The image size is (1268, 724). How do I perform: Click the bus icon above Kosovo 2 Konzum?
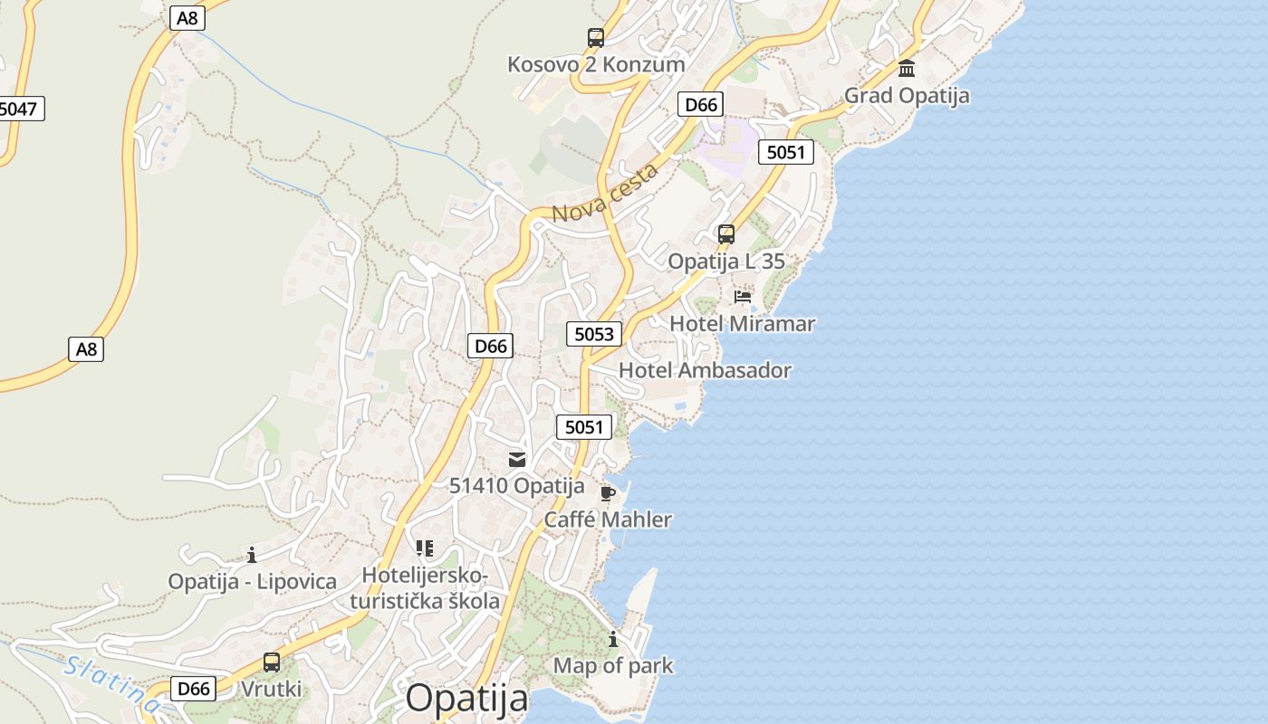click(595, 38)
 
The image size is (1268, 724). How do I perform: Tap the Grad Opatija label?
click(907, 96)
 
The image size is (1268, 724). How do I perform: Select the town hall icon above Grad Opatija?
click(907, 69)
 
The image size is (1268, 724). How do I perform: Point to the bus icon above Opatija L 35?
click(725, 234)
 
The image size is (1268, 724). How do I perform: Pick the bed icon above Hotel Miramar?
click(743, 296)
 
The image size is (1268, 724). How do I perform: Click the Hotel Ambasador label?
click(705, 370)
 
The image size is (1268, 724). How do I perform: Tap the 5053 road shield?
click(594, 334)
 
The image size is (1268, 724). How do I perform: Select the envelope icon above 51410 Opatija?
click(517, 460)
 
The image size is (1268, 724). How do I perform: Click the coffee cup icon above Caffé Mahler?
click(607, 493)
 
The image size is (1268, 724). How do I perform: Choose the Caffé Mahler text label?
click(608, 519)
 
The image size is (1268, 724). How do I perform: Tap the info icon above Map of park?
click(613, 639)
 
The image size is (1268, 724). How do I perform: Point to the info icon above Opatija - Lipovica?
click(252, 555)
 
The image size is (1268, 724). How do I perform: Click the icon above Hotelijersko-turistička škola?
click(424, 548)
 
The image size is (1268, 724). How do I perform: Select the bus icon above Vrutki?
click(271, 662)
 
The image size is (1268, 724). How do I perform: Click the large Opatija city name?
click(466, 699)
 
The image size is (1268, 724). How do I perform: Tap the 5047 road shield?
click(18, 110)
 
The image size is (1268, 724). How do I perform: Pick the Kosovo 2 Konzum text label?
click(596, 64)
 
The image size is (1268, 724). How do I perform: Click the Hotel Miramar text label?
click(742, 323)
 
